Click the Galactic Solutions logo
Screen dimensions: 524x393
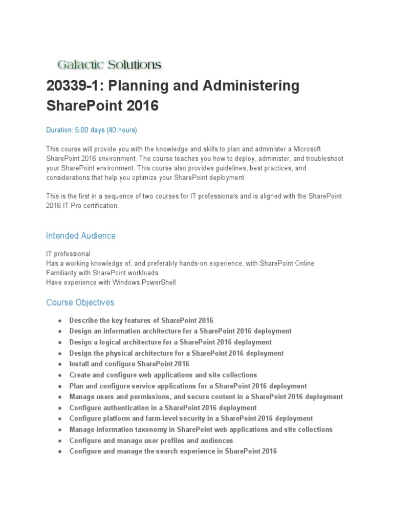[109, 65]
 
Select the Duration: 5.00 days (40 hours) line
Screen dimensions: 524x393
[92, 130]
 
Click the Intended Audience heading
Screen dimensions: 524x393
[81, 236]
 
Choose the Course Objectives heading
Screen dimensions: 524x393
[80, 302]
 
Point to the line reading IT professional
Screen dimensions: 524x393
[68, 254]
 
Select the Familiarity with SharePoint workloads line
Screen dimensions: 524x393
[102, 273]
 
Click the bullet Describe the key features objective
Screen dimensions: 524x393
[141, 320]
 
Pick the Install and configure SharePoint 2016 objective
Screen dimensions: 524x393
[129, 364]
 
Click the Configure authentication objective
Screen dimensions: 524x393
[163, 408]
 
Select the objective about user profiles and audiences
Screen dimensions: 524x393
[151, 441]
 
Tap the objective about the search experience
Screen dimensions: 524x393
[173, 451]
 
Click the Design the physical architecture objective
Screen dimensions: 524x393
[176, 353]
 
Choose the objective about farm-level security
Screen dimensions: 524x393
[191, 419]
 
